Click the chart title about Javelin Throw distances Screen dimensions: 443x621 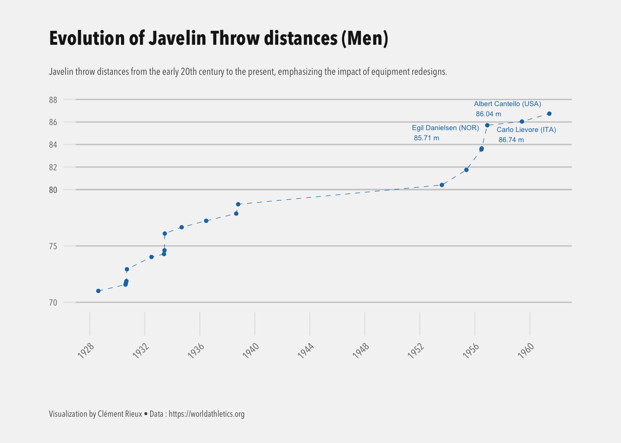pyautogui.click(x=219, y=38)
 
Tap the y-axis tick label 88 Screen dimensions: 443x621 pyautogui.click(x=53, y=100)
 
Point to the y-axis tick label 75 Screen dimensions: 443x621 pyautogui.click(x=53, y=246)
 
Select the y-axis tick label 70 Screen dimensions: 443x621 pyautogui.click(x=53, y=303)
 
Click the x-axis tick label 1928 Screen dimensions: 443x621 pyautogui.click(x=86, y=351)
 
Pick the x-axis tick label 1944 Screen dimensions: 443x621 pyautogui.click(x=306, y=351)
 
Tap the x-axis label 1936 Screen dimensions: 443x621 pyautogui.click(x=196, y=351)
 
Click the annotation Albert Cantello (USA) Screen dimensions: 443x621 pyautogui.click(x=507, y=104)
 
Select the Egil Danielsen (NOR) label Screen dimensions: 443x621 pyautogui.click(x=445, y=128)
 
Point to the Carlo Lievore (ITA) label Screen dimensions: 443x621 pyautogui.click(x=526, y=130)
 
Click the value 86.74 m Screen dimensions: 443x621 pyautogui.click(x=511, y=140)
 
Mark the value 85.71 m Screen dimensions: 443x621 pyautogui.click(x=426, y=138)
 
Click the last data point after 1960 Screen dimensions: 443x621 pyautogui.click(x=549, y=114)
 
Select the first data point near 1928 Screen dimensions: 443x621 pyautogui.click(x=98, y=291)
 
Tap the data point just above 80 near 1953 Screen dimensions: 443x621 pyautogui.click(x=442, y=185)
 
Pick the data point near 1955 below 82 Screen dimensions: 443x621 pyautogui.click(x=466, y=170)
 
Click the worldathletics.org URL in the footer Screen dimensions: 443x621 pyautogui.click(x=207, y=414)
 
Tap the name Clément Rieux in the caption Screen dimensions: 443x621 pyautogui.click(x=120, y=414)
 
